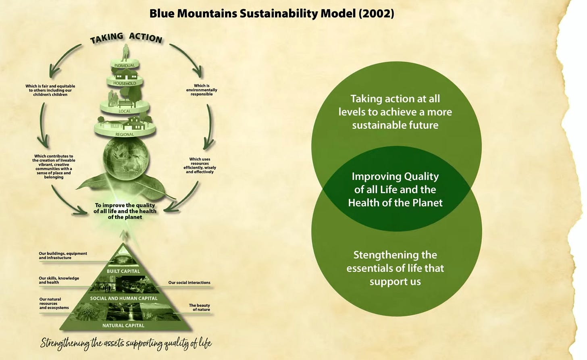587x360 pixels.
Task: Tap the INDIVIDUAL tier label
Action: (125, 65)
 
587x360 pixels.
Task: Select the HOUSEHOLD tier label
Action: (125, 83)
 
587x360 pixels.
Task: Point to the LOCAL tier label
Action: (125, 111)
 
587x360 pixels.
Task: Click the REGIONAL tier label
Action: (125, 135)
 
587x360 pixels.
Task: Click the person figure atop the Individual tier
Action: (125, 53)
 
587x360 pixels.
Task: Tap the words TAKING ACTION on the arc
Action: (126, 38)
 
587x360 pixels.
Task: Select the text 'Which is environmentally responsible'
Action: (202, 90)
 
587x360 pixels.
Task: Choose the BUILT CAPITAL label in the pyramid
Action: (123, 271)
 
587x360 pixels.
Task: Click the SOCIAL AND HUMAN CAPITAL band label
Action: (124, 298)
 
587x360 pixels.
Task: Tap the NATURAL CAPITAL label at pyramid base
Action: (123, 325)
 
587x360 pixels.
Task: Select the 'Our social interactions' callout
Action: (189, 283)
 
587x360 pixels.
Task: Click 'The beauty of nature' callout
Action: (200, 307)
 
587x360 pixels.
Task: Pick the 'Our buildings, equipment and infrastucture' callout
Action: (63, 256)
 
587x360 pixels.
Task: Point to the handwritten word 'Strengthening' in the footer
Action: (65, 343)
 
